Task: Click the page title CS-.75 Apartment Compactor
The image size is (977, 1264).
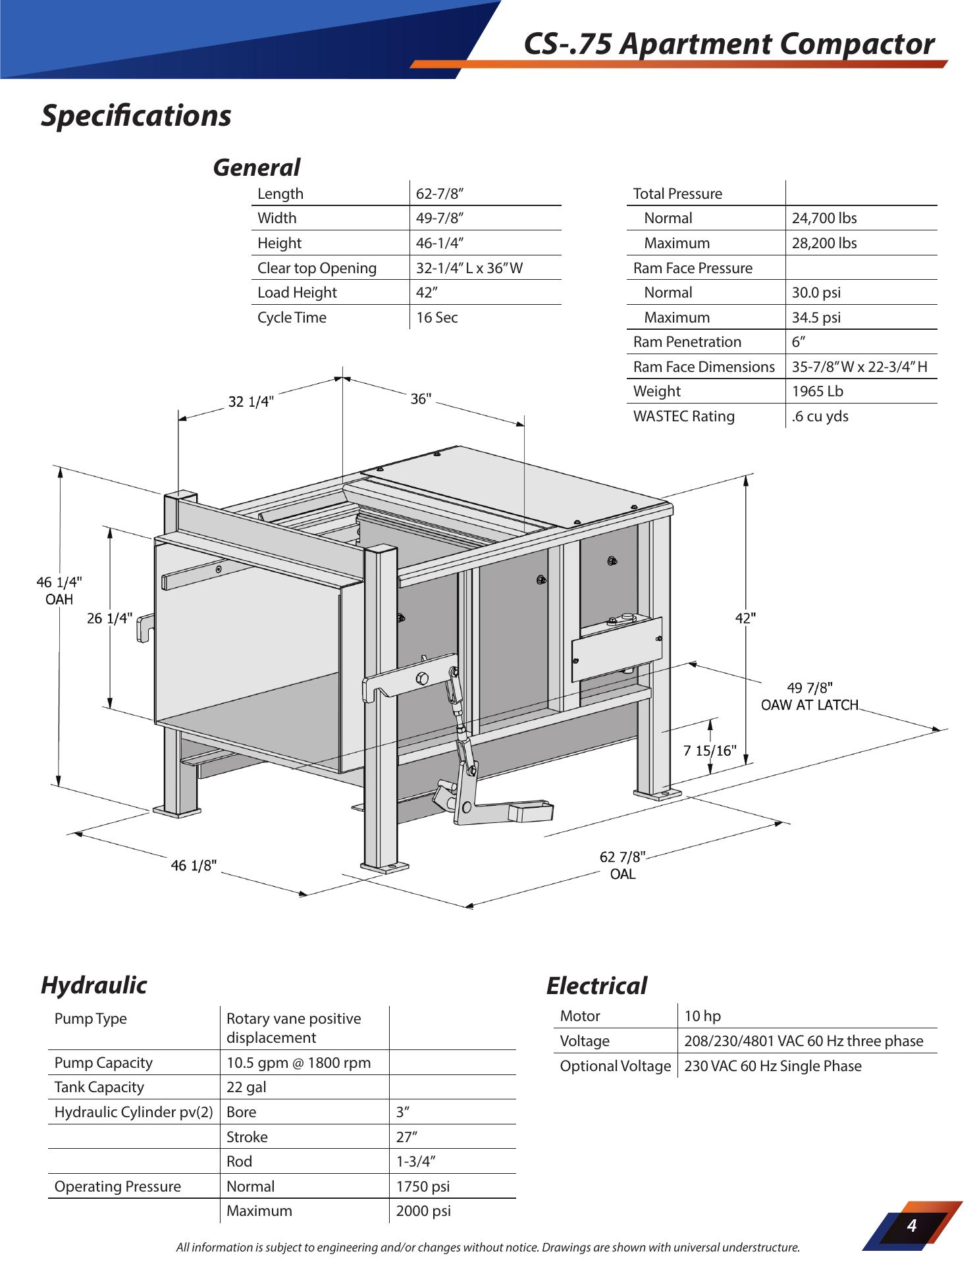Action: pos(729,44)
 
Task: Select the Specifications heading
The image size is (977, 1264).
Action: pos(136,116)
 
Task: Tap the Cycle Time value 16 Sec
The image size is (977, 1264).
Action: pos(436,317)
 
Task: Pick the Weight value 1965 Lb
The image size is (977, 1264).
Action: pos(817,391)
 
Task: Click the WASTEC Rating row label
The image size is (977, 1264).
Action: pos(683,416)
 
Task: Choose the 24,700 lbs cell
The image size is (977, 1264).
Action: pos(824,218)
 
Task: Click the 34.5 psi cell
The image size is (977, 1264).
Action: pos(816,317)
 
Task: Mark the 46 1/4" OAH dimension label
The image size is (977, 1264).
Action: pos(59,591)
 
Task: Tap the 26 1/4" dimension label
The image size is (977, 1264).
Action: pos(110,618)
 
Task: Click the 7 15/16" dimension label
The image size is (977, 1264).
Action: pos(710,751)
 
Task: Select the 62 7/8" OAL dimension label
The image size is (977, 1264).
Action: pos(623,865)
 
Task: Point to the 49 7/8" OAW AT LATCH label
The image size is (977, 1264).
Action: pos(810,697)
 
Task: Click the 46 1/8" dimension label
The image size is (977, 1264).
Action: pos(194,866)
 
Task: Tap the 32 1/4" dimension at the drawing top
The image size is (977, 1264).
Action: pos(251,402)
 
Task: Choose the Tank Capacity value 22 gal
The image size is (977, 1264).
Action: pos(246,1087)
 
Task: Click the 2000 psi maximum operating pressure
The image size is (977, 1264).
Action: pos(423,1211)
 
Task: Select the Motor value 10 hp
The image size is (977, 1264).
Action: pos(702,1016)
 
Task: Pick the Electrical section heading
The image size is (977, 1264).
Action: pos(596,986)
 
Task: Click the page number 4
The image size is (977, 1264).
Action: pos(912,1225)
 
